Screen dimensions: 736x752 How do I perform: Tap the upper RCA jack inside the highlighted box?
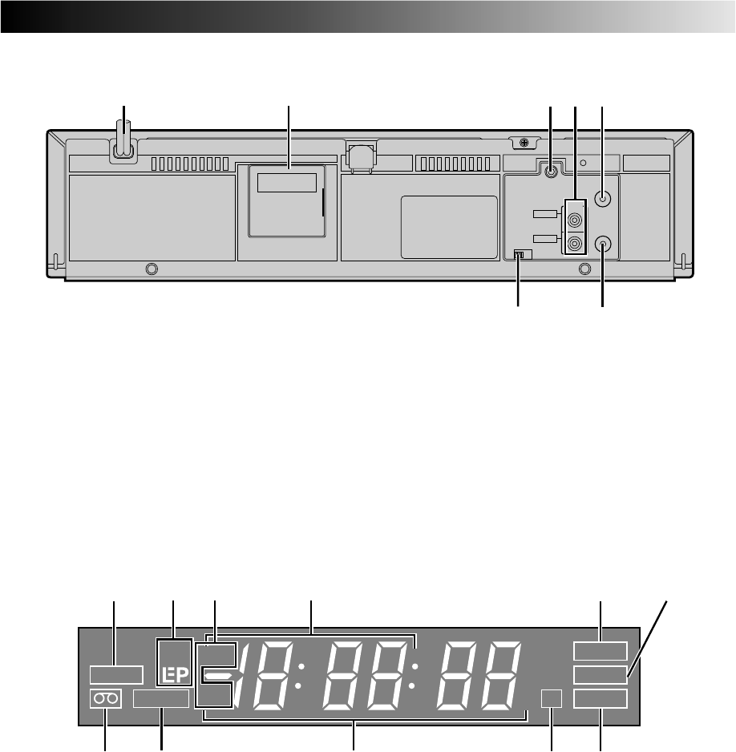574,220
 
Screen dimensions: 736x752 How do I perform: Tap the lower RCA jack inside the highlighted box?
574,244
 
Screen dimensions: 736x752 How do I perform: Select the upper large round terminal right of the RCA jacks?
603,198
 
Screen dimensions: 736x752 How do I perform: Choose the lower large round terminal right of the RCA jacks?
603,244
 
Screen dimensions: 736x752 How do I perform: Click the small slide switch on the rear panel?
523,255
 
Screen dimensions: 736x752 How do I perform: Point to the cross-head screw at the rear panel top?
524,142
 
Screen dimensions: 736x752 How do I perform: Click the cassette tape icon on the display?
106,699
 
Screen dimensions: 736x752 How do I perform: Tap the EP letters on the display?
175,675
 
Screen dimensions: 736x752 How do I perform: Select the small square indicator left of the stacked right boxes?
552,699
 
